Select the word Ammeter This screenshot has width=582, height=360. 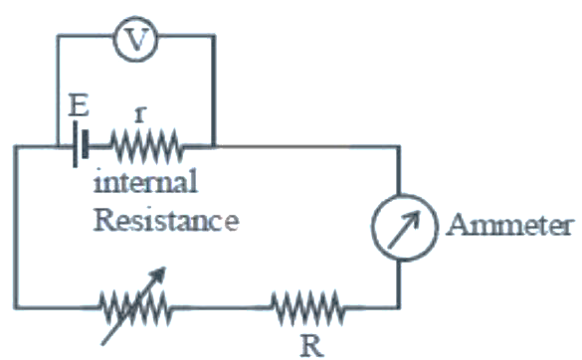coord(508,225)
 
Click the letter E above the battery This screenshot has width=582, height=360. coord(79,105)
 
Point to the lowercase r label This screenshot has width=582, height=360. coord(140,114)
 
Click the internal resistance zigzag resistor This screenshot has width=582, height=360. coord(146,146)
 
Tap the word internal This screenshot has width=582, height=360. coord(145,181)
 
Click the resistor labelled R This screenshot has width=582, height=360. coord(307,307)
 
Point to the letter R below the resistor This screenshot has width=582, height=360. coord(311,346)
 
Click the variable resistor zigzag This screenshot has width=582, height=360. coord(135,307)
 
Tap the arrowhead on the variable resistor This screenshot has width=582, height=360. coord(159,273)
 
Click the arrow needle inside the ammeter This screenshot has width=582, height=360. coord(404,230)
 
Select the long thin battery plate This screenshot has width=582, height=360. coord(76,144)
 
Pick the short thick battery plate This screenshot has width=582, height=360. coord(86,144)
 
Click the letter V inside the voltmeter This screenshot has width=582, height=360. coord(136,40)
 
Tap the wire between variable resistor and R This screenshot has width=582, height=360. coord(222,307)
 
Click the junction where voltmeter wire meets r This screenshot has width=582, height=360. coord(214,146)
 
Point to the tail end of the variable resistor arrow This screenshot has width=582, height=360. coord(102,345)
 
